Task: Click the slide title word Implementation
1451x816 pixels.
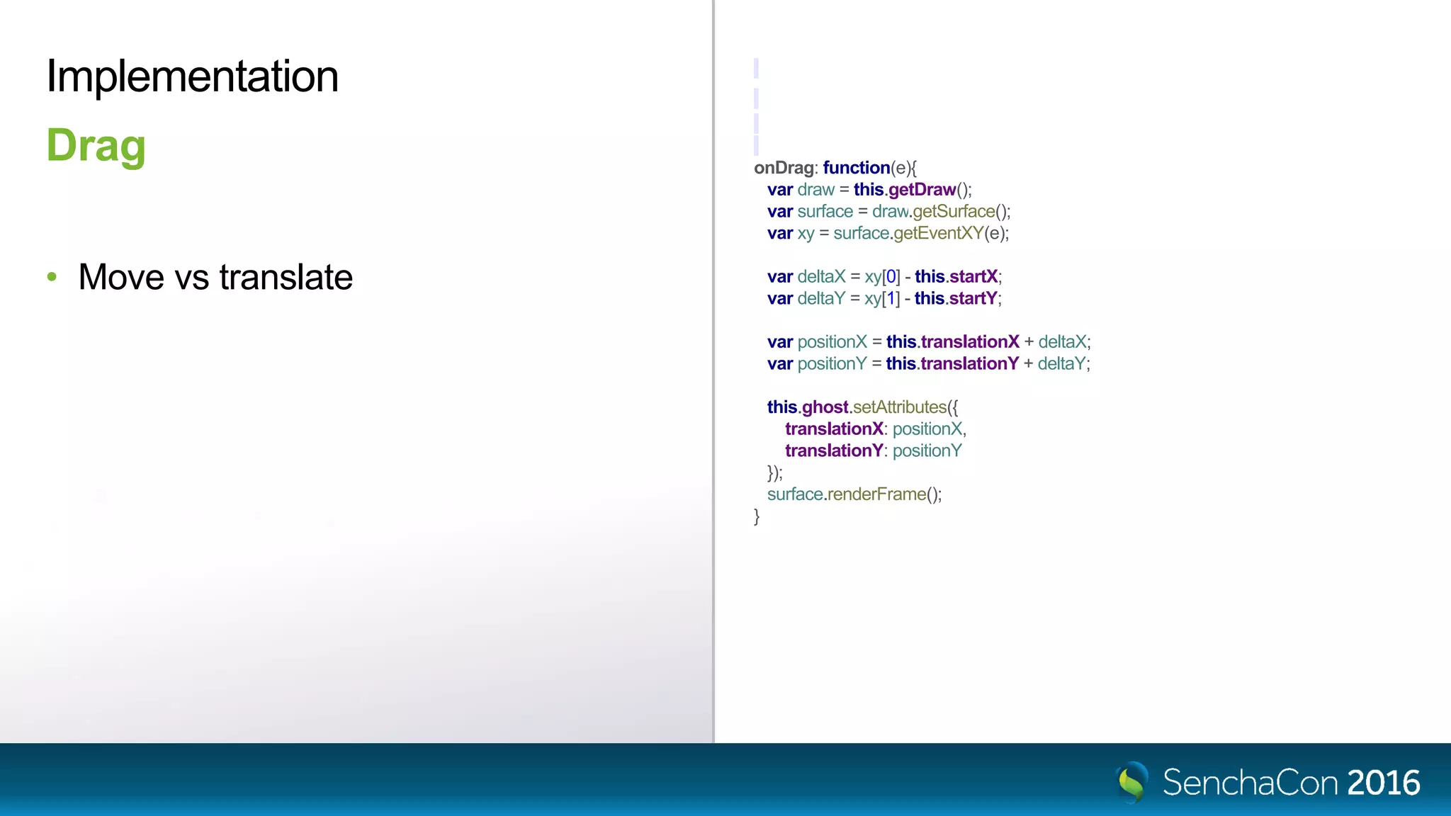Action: (x=192, y=76)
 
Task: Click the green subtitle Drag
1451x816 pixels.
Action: (x=96, y=146)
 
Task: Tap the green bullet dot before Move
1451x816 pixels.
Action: (x=52, y=276)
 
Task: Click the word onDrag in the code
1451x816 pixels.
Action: (x=784, y=168)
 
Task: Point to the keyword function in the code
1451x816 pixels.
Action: (x=856, y=168)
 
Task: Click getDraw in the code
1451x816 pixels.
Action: (x=922, y=190)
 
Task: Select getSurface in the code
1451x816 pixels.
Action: (x=954, y=212)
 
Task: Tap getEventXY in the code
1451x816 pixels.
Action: (x=938, y=234)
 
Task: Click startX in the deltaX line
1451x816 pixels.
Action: (x=973, y=277)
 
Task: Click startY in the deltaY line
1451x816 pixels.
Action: (x=973, y=299)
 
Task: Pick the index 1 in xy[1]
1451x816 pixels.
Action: (x=891, y=299)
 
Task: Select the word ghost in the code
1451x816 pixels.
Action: (x=825, y=407)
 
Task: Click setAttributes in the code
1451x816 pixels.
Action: (x=900, y=407)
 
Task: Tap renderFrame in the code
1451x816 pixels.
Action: (x=876, y=494)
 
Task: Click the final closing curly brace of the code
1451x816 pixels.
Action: (x=757, y=516)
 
